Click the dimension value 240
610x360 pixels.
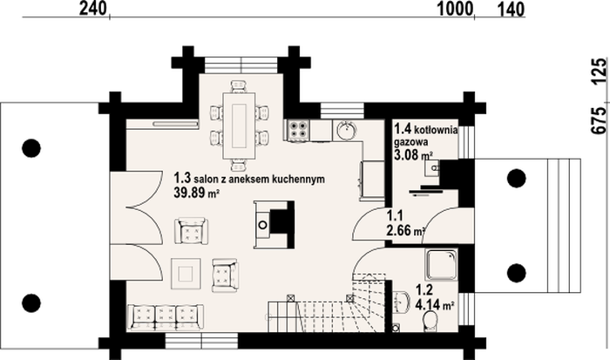(x=93, y=9)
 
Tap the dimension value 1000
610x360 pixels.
(x=456, y=9)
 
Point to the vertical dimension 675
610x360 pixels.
(x=600, y=120)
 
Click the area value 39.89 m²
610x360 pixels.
(x=196, y=192)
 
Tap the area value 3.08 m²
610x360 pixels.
(x=414, y=155)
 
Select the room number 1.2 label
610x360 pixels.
(x=424, y=290)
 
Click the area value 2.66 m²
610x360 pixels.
(x=405, y=230)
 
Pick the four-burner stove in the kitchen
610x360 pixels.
(x=298, y=130)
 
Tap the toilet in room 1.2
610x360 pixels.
(x=430, y=321)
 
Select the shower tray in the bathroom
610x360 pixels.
(x=441, y=265)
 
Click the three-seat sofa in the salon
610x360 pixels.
(x=166, y=316)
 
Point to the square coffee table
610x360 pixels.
(x=186, y=274)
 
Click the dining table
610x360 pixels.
(x=239, y=126)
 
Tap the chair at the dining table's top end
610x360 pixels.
(x=239, y=86)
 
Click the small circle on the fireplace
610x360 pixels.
(x=263, y=225)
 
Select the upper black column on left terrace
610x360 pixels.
(x=31, y=148)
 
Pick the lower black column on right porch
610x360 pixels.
(x=517, y=273)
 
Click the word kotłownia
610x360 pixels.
(x=436, y=129)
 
